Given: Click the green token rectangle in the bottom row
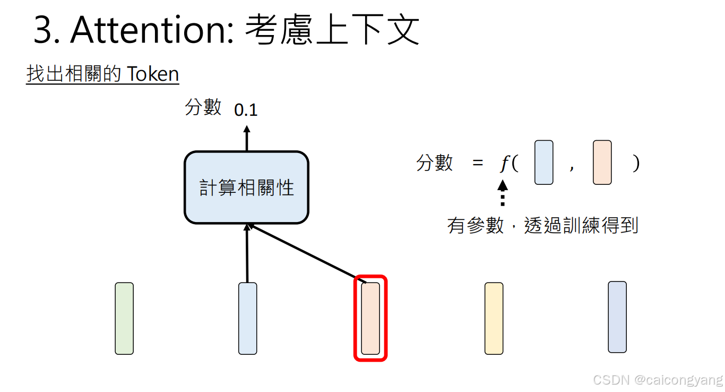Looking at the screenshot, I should (x=124, y=318).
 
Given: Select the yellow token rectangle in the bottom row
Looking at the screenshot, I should (x=494, y=318).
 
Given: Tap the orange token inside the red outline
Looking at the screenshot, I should (x=370, y=318).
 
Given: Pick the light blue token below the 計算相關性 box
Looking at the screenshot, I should (x=247, y=318).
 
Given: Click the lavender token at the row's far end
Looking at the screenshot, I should (x=617, y=317).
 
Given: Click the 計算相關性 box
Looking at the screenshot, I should (x=246, y=188).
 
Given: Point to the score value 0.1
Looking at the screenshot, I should (x=246, y=110).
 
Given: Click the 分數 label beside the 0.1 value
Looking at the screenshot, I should (x=203, y=107).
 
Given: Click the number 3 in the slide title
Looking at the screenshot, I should (x=44, y=30).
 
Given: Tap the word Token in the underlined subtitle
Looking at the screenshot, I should (x=153, y=74).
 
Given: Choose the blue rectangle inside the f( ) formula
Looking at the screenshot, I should (x=544, y=163).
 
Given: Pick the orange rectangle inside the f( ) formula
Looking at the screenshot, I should (x=602, y=163).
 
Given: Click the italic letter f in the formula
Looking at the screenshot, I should (x=504, y=164).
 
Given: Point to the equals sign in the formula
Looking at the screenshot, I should (x=478, y=164).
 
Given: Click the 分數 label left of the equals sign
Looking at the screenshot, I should (x=435, y=163).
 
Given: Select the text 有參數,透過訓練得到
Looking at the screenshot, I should (x=542, y=226).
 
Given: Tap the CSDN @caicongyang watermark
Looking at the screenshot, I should (x=658, y=380).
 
